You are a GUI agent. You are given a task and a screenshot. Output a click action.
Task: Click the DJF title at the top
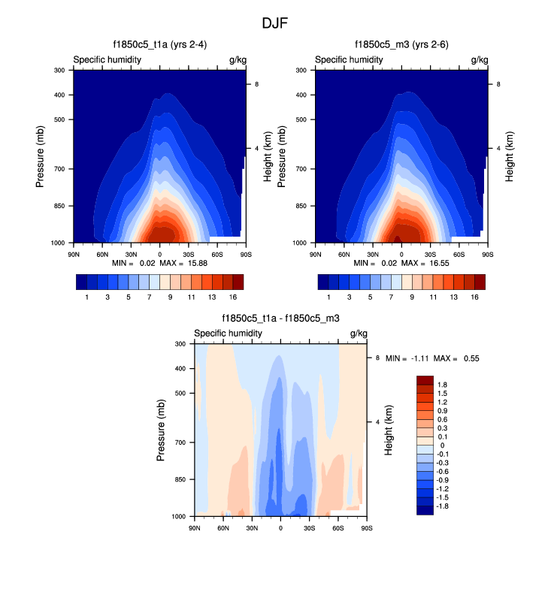pos(275,23)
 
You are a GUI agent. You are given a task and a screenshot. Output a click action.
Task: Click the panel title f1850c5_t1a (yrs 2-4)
pos(159,46)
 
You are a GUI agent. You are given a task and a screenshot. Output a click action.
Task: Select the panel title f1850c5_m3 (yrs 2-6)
pos(401,46)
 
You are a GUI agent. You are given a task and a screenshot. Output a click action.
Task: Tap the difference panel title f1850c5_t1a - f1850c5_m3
pos(280,319)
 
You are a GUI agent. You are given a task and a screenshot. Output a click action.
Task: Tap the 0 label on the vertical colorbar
pos(442,446)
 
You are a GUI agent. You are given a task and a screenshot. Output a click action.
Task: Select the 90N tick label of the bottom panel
pos(195,528)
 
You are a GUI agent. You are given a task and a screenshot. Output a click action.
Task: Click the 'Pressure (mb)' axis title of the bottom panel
pos(162,430)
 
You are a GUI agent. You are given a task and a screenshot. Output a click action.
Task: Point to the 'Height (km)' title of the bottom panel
pos(389,430)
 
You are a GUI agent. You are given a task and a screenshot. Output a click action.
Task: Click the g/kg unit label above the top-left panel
pos(237,59)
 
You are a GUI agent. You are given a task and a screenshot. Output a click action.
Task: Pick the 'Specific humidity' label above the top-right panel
pos(349,59)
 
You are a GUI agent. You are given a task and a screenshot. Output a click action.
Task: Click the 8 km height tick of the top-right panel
pos(498,84)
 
